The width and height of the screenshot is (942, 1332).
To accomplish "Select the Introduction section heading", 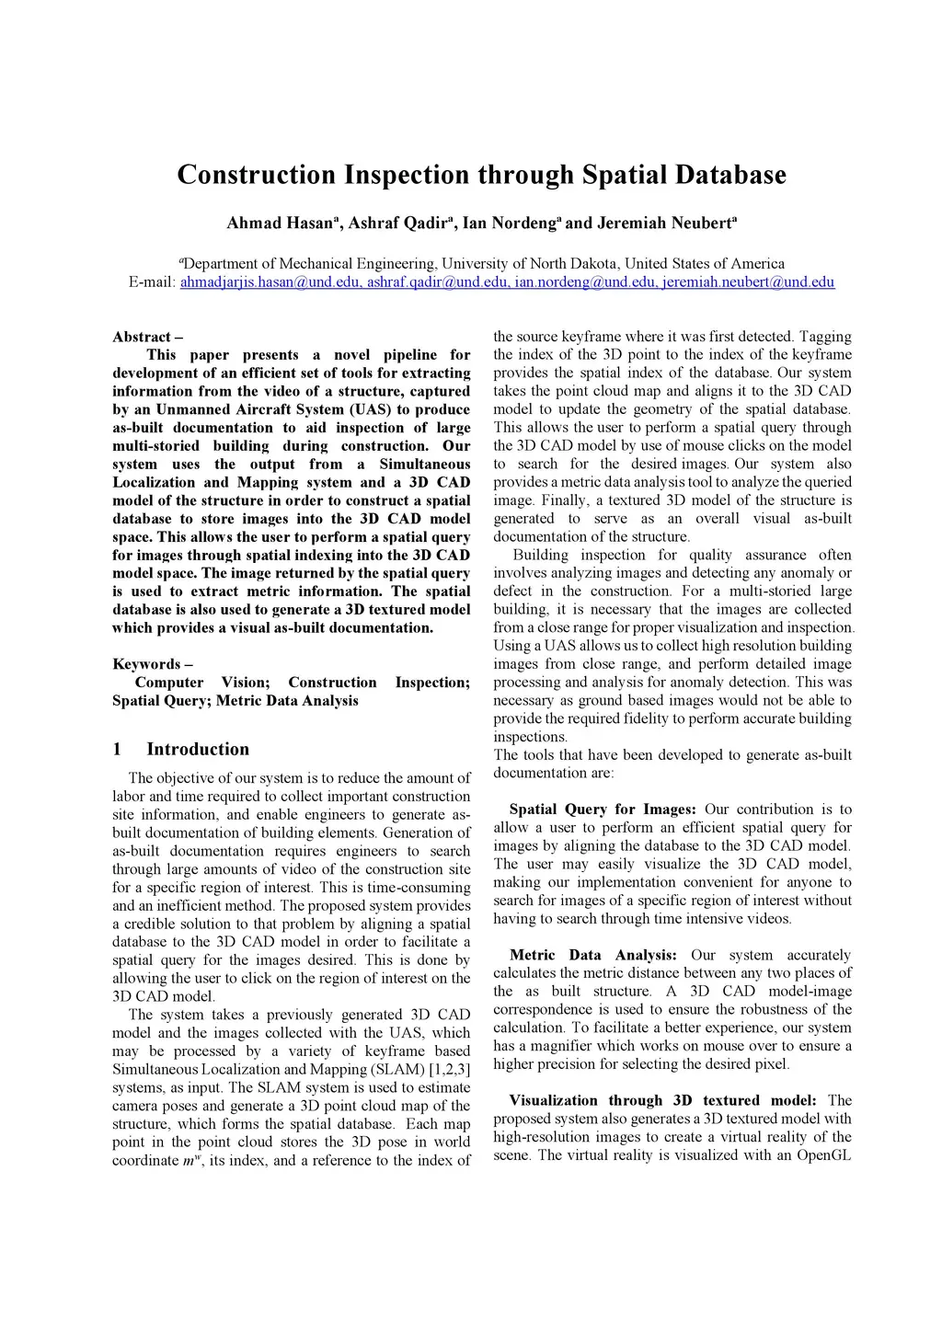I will tap(198, 750).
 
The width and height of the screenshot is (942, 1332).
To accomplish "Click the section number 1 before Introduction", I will tap(117, 750).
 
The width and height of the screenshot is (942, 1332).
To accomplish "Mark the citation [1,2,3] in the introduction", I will tap(449, 1070).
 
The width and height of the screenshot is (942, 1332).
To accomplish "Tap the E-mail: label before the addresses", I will tap(152, 282).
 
